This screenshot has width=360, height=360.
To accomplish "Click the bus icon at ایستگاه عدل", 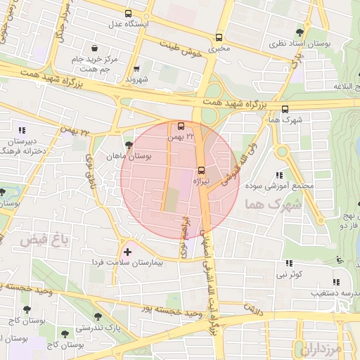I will point(127,13).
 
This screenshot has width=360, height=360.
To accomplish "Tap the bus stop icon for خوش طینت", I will point(219,37).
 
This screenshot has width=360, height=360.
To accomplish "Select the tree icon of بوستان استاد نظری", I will point(300,32).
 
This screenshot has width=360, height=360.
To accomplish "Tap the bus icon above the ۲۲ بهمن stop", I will point(181,127).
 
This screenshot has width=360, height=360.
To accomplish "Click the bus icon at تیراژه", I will point(202,169).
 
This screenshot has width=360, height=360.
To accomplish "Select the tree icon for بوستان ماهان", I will point(127,144).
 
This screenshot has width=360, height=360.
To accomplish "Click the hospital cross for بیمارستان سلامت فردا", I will point(127,251).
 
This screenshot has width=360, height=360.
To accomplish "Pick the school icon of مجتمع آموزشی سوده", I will point(279,175).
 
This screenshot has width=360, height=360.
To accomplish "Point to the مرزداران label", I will point(323,348).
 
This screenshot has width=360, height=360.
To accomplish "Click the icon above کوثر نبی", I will point(289,264).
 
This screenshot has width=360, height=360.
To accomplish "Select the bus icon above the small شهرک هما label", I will point(285,109).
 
